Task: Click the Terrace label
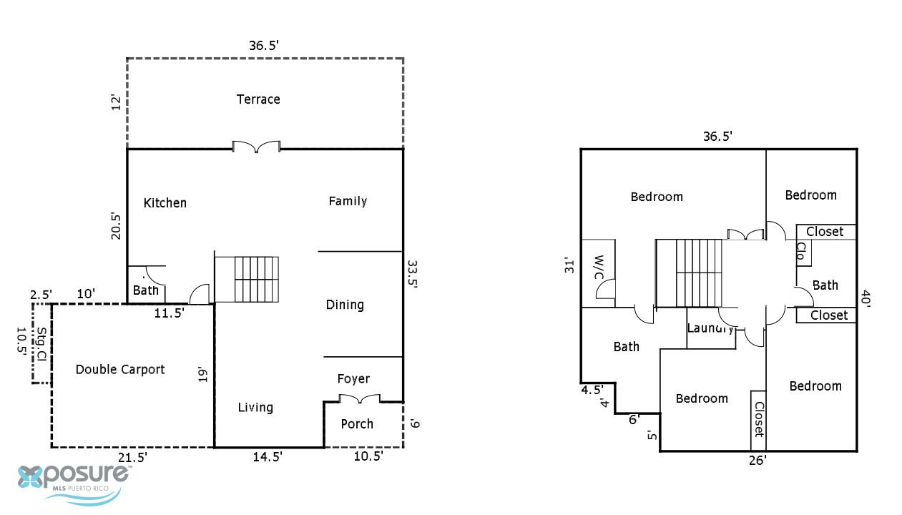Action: coord(258,99)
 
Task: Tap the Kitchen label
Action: coord(165,202)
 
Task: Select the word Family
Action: coord(348,201)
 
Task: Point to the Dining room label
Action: coord(345,305)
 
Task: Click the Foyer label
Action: coord(353,378)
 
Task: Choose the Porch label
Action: coord(357,423)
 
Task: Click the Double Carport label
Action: coord(120,369)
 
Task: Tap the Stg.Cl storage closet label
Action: coord(42,343)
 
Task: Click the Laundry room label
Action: coord(710,328)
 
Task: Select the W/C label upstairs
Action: coord(599,267)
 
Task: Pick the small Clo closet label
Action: coord(801,250)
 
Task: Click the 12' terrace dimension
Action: coord(116,102)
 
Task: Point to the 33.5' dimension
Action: coord(412,274)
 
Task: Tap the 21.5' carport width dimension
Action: coord(132,457)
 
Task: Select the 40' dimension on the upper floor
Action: coord(866,299)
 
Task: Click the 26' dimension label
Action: coord(758,460)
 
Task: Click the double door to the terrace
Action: coord(256,147)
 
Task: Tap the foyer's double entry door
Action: coord(360,398)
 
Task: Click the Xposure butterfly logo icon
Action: coord(30,477)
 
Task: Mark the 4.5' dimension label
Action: coord(592,390)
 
